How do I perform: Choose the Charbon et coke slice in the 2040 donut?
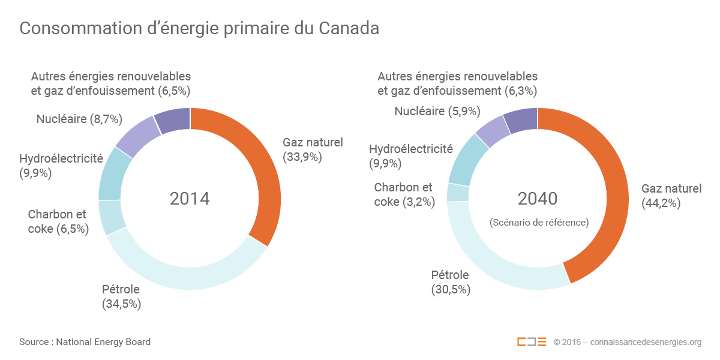click(458, 193)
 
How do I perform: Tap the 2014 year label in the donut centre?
click(190, 199)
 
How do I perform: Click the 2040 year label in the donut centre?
click(538, 199)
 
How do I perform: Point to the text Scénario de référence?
click(539, 222)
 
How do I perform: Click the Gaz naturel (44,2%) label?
click(671, 196)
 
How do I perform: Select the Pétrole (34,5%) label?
click(121, 296)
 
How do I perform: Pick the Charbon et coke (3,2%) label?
click(404, 195)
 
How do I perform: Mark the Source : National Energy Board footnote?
click(85, 342)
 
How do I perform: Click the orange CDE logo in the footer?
click(532, 342)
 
